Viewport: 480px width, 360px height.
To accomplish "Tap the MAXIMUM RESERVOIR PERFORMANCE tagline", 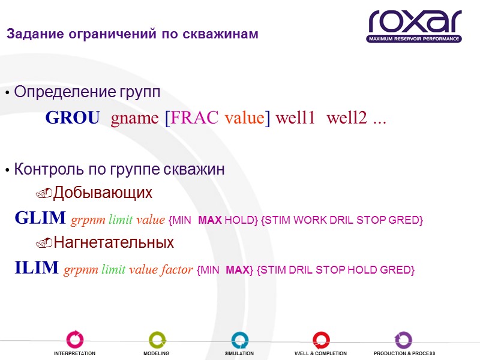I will point(414,39).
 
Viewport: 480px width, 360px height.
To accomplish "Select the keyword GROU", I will point(73,119).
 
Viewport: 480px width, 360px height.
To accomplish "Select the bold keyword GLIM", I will point(40,218).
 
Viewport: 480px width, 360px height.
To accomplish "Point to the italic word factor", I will point(176,269).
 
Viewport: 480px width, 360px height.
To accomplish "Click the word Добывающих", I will point(103,193).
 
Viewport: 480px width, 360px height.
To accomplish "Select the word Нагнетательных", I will point(113,243).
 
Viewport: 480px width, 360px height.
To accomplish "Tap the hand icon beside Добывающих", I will point(44,194).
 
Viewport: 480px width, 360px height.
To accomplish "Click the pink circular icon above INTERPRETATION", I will point(75,340).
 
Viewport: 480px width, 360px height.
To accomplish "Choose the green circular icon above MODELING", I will point(157,340).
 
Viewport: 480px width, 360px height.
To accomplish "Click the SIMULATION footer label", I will point(239,354).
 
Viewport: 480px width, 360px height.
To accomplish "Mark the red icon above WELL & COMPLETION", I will point(320,340).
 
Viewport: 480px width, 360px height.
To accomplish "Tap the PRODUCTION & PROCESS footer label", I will point(404,354).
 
